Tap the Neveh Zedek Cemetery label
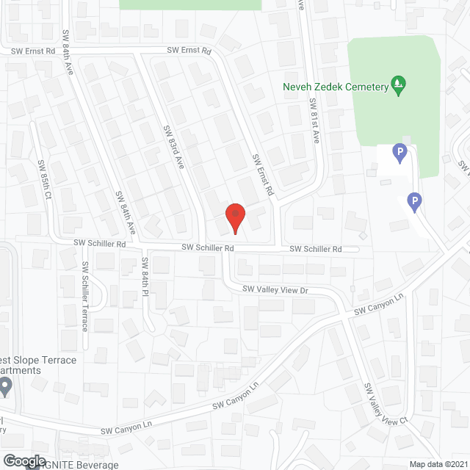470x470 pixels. [x=335, y=87]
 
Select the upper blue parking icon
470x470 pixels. [x=399, y=153]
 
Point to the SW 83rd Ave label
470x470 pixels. [x=173, y=148]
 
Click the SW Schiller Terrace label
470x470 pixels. [x=85, y=296]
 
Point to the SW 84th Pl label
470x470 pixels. [x=145, y=278]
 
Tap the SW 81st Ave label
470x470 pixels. [x=314, y=121]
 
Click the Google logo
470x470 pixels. [x=24, y=461]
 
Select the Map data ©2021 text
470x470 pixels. [x=438, y=463]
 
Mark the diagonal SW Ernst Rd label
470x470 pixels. [x=262, y=175]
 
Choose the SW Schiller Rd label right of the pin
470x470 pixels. [x=315, y=250]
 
